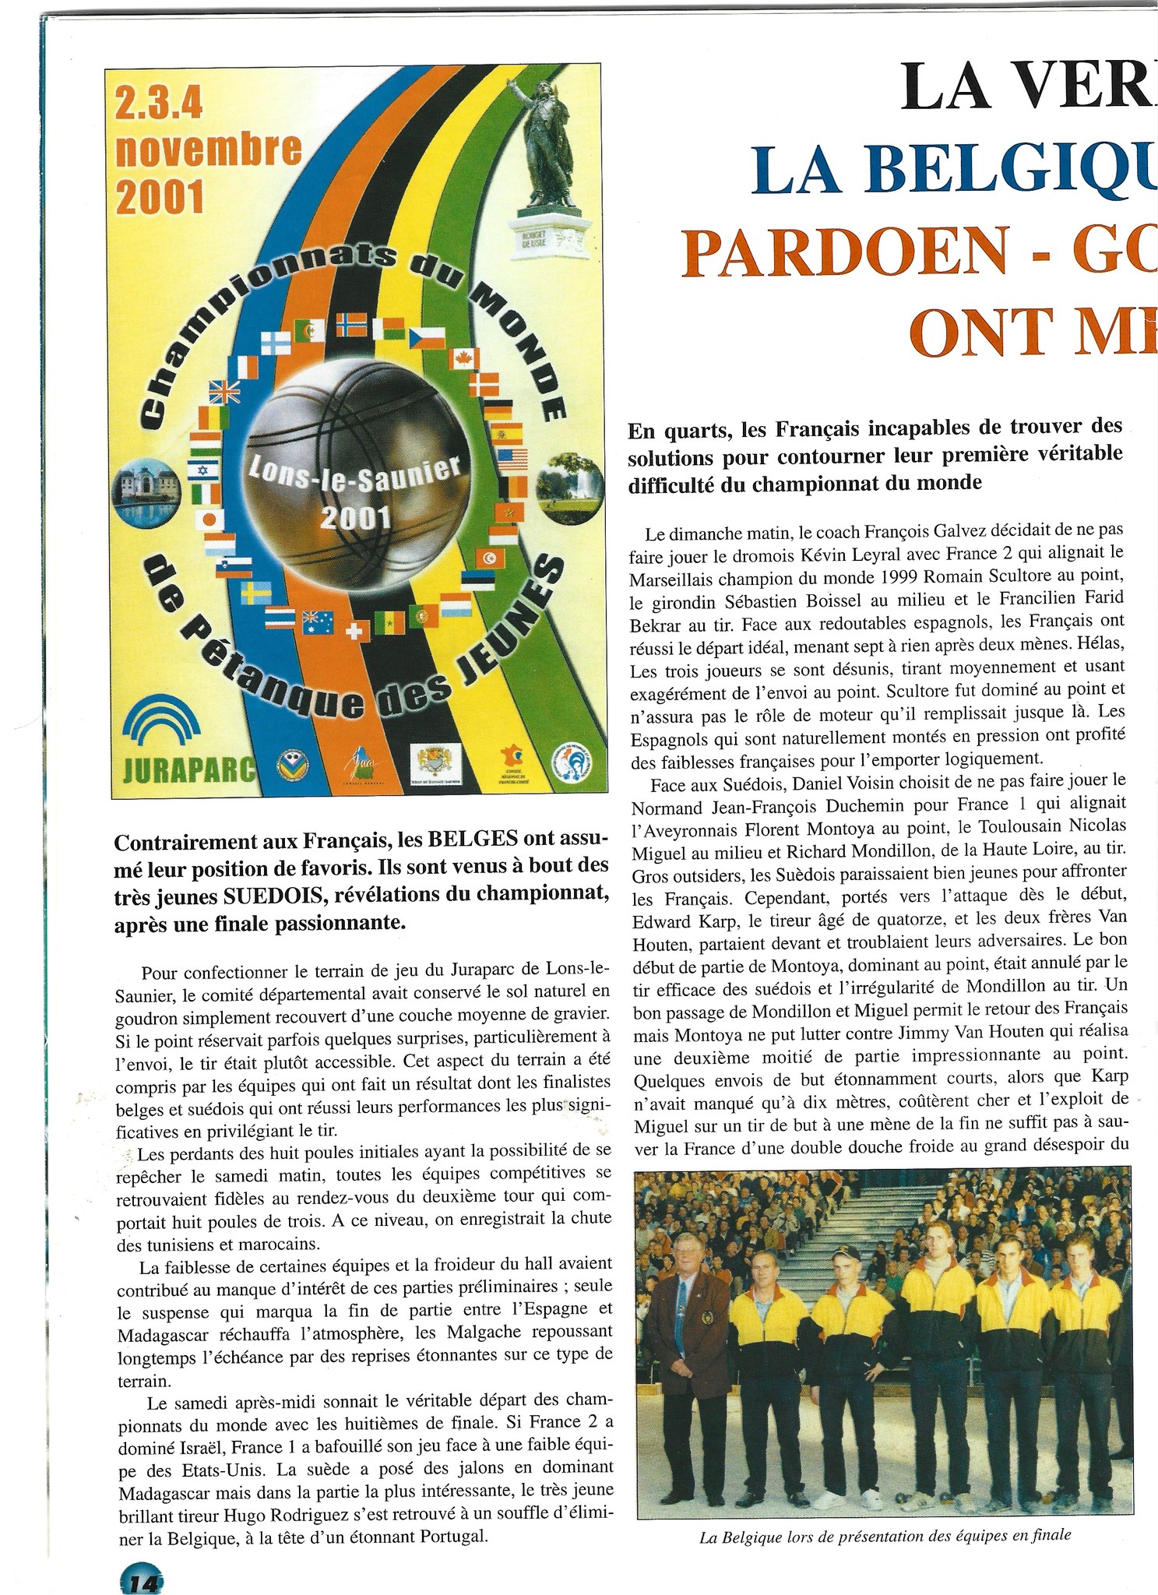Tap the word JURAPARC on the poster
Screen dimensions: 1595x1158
tap(189, 769)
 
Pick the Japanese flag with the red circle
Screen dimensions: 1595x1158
tap(209, 519)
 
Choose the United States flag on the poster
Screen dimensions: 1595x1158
tap(512, 459)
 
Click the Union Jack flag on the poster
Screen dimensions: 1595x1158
tap(225, 392)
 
